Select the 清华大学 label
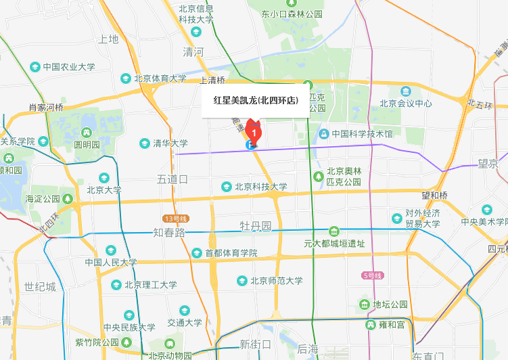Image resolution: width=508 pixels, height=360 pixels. click(x=170, y=143)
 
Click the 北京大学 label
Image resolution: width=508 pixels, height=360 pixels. click(x=103, y=190)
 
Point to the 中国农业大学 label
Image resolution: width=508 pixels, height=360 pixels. click(x=68, y=67)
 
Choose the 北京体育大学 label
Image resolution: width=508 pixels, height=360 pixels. click(x=160, y=78)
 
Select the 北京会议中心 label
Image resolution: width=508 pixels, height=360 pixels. click(x=405, y=104)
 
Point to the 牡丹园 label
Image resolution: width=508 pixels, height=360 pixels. click(x=256, y=225)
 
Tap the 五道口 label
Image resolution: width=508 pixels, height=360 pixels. click(x=172, y=179)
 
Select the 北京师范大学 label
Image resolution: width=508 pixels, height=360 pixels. click(x=276, y=281)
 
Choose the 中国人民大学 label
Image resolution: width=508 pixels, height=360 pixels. click(x=111, y=263)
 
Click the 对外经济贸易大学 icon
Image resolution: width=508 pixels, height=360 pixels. click(x=396, y=219)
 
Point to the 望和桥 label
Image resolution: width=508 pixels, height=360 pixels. click(x=435, y=196)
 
